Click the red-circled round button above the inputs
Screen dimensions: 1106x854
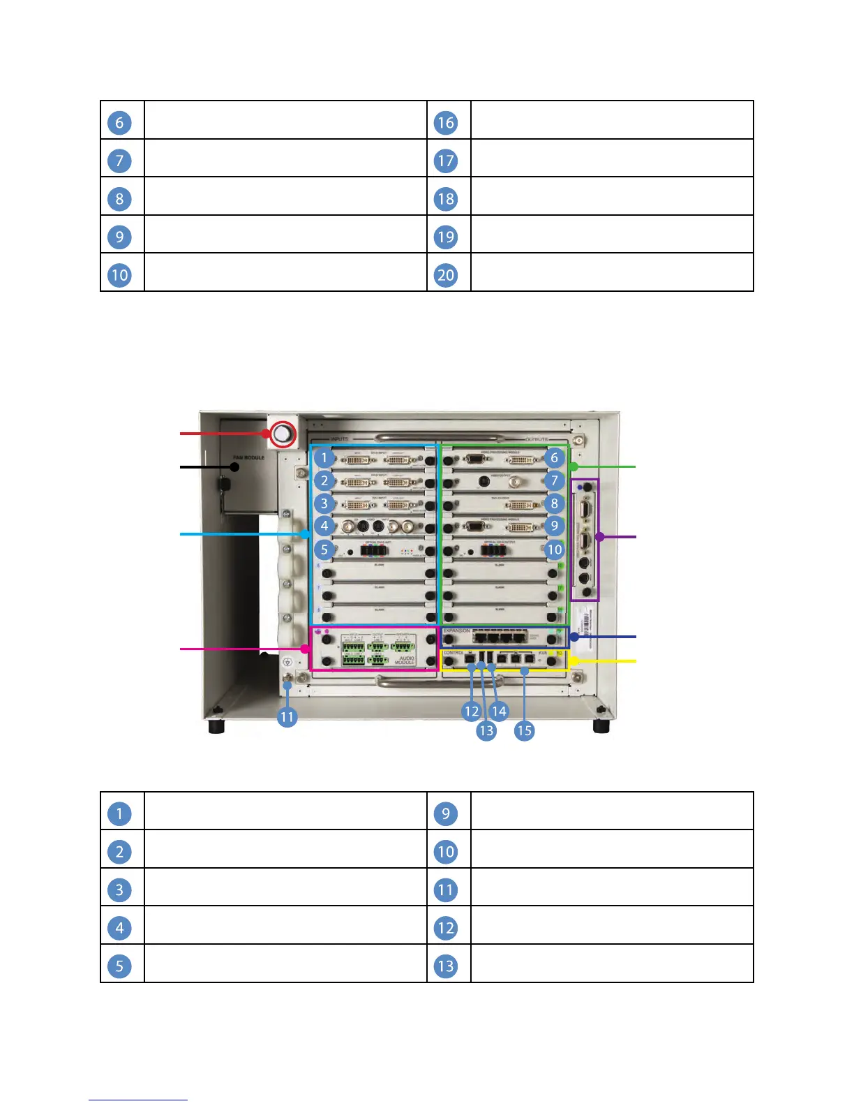pyautogui.click(x=281, y=434)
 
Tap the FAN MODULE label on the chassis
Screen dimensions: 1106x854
pyautogui.click(x=249, y=458)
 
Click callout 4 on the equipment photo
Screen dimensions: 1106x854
pyautogui.click(x=324, y=526)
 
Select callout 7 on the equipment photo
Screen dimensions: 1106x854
pyautogui.click(x=554, y=480)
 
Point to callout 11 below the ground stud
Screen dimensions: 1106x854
pyautogui.click(x=287, y=717)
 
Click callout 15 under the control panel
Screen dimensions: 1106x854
pyautogui.click(x=524, y=730)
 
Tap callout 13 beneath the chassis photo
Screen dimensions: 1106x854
pyautogui.click(x=486, y=730)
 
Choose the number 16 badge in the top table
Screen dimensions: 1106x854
pyautogui.click(x=446, y=123)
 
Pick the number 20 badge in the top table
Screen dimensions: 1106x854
pyautogui.click(x=446, y=275)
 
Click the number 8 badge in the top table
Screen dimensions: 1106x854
pyautogui.click(x=120, y=199)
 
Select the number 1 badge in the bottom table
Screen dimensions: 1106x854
pyautogui.click(x=120, y=813)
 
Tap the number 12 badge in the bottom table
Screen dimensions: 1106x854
pyautogui.click(x=446, y=928)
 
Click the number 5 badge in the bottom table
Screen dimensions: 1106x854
pyautogui.click(x=120, y=966)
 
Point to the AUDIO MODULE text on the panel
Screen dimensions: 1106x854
pyautogui.click(x=405, y=660)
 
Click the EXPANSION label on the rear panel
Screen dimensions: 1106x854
pyautogui.click(x=457, y=631)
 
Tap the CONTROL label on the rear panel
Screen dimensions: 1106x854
pyautogui.click(x=454, y=653)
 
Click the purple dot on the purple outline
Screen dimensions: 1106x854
pyautogui.click(x=599, y=537)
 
